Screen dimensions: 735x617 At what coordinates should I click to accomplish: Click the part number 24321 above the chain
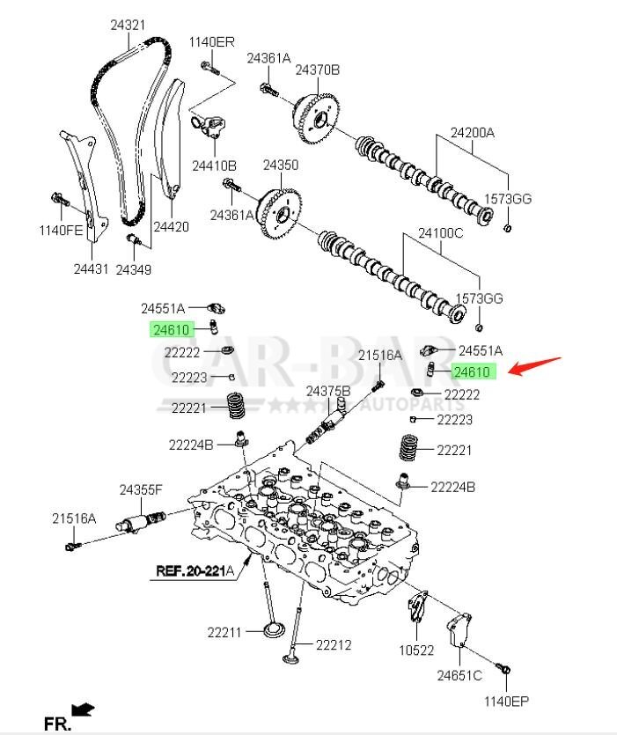[128, 26]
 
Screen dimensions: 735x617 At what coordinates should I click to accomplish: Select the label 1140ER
[211, 41]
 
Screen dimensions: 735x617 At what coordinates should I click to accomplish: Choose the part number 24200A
[473, 134]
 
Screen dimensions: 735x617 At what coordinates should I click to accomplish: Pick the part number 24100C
[439, 234]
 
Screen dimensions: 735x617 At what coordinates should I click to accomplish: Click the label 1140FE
[60, 231]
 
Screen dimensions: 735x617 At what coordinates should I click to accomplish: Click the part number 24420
[171, 226]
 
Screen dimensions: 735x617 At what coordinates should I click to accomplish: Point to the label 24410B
[215, 165]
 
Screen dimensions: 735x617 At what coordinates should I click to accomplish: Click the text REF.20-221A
[195, 570]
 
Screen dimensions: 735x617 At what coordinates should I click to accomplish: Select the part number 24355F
[142, 489]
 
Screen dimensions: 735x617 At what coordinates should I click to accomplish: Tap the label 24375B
[328, 390]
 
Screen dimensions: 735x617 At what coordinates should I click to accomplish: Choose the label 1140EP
[506, 702]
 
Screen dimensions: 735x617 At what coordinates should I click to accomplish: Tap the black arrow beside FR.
[84, 709]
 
